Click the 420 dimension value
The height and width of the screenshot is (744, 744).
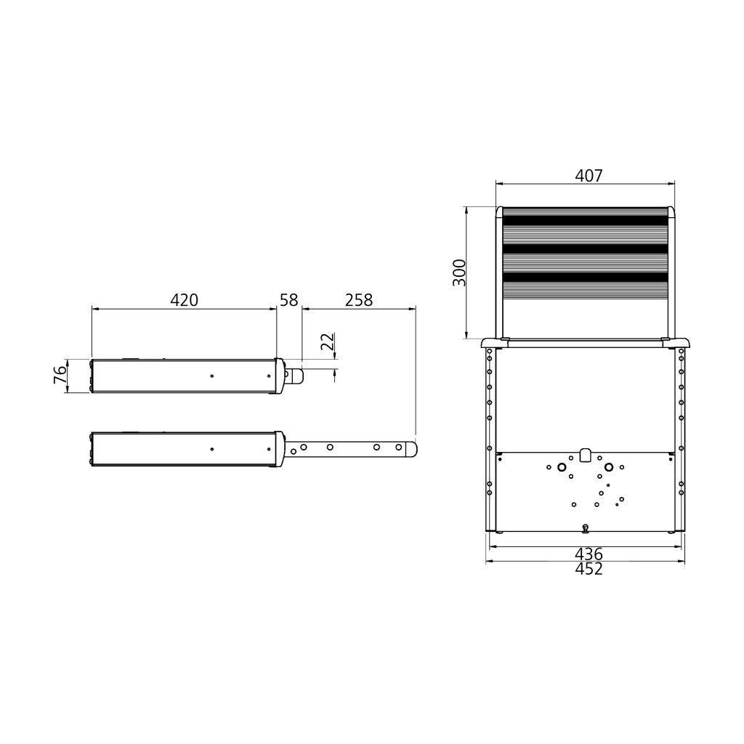pos(184,299)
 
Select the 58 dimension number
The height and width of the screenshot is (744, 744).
pos(289,299)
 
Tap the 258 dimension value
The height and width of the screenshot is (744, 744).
pos(358,299)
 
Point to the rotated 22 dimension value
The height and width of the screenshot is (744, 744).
pos(328,341)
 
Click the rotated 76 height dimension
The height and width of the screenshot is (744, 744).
pos(60,375)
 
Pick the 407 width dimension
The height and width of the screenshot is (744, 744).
pos(589,176)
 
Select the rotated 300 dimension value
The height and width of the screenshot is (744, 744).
pos(459,272)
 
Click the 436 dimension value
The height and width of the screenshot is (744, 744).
pos(589,554)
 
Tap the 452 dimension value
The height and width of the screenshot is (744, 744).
pos(589,569)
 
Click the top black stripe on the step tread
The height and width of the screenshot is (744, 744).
pos(585,220)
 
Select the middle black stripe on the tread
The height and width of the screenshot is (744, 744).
pos(585,248)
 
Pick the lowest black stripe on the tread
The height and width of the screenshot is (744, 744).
pos(585,277)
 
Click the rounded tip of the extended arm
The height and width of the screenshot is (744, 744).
pos(412,448)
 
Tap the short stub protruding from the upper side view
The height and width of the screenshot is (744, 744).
pos(296,375)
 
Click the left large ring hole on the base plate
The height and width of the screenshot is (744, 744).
pos(562,466)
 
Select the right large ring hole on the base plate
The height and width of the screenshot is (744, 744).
pos(609,466)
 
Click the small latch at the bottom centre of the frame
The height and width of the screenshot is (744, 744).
pos(586,527)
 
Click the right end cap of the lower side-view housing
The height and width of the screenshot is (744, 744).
pos(280,449)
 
